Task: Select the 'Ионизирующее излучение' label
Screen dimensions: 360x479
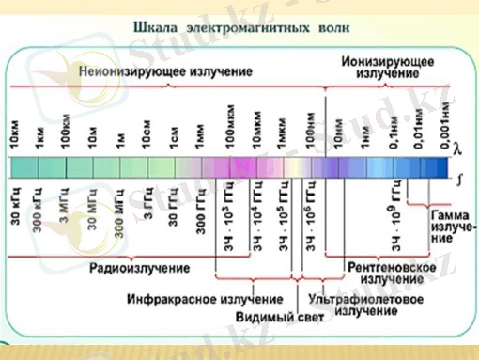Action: [x=387, y=67]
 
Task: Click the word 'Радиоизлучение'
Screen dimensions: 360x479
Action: [x=139, y=269]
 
